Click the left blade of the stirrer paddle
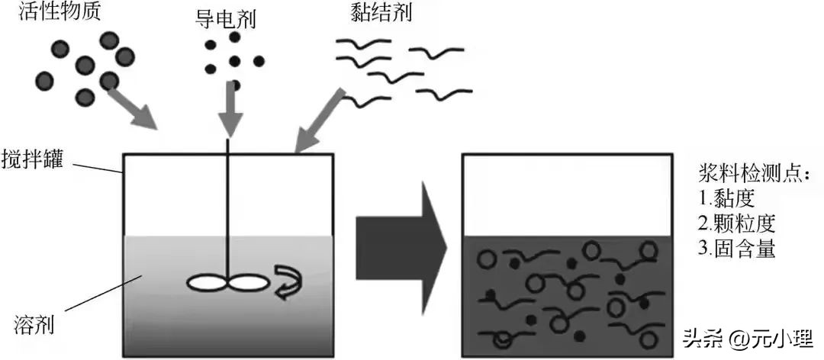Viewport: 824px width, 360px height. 208,282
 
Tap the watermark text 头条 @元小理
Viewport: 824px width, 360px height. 748,336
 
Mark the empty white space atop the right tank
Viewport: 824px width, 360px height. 568,195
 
